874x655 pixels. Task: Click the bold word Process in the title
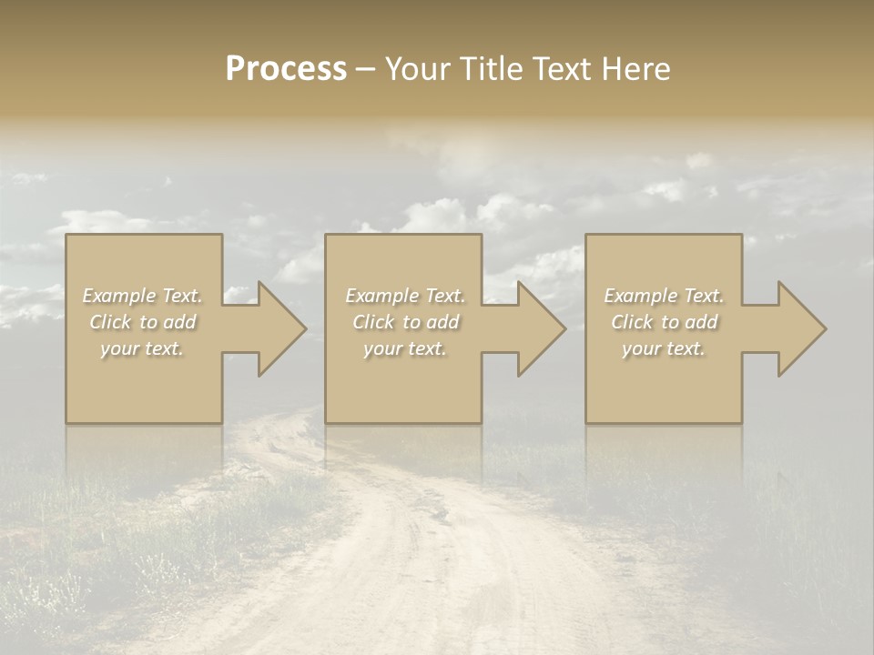pos(286,68)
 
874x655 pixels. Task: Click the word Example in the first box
pos(119,296)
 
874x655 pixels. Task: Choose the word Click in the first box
pos(109,322)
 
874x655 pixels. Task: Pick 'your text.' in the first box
pos(142,348)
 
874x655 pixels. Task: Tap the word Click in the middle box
pos(372,322)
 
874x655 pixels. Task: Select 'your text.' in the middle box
pos(405,348)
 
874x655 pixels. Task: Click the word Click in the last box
pos(631,322)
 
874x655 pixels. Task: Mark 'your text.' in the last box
pos(664,348)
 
